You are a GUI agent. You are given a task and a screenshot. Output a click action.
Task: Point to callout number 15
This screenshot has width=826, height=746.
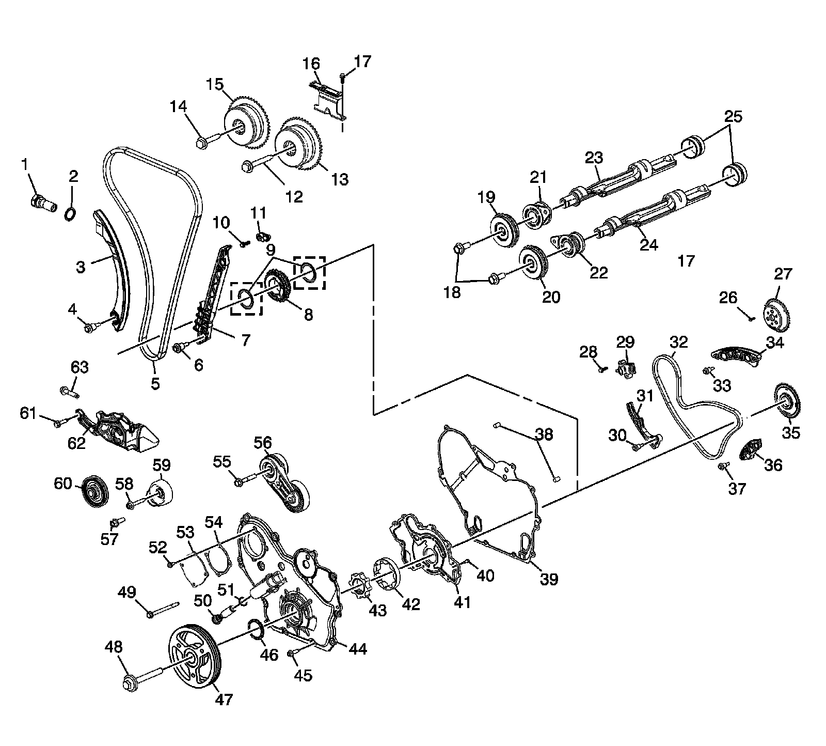215,84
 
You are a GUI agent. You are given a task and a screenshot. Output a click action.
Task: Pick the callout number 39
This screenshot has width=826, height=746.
549,579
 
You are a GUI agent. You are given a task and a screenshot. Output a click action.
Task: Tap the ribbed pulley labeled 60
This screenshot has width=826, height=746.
93,490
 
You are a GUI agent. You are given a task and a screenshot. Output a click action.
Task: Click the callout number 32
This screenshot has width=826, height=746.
679,342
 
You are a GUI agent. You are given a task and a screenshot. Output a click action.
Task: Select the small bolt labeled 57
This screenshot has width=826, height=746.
117,523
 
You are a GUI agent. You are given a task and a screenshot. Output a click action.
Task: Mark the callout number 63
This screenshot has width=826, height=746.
80,367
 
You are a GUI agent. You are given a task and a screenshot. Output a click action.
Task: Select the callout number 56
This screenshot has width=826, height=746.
262,443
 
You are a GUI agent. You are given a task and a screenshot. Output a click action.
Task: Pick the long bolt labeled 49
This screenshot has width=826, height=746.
163,609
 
